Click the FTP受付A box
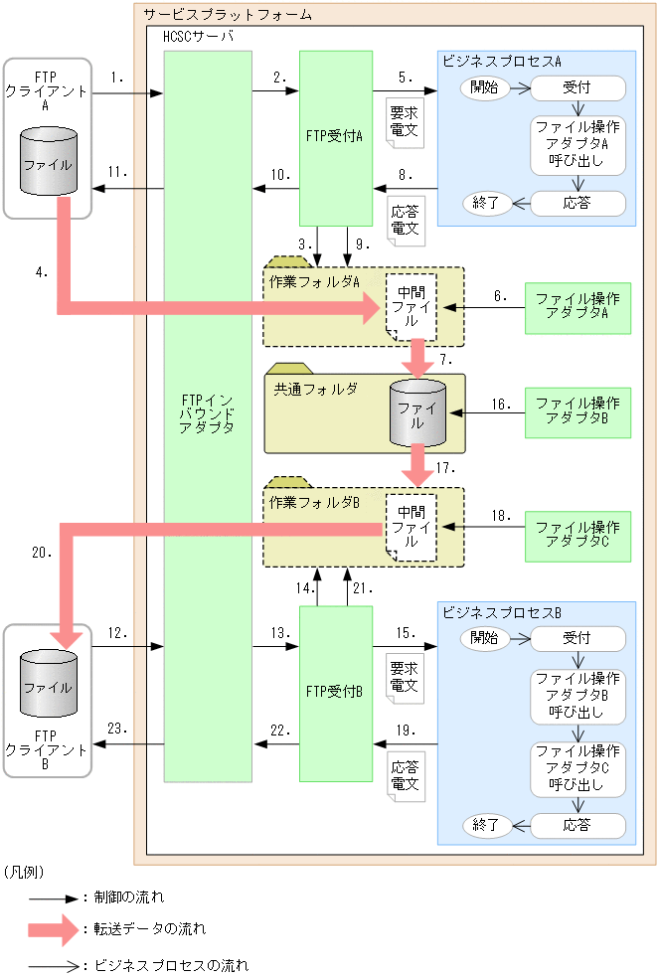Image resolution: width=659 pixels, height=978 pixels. coord(335,138)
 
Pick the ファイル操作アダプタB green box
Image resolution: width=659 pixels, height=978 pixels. coord(577,411)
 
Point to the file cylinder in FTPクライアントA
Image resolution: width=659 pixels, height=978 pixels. coord(47,166)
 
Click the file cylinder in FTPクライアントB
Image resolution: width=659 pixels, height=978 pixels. coord(47,686)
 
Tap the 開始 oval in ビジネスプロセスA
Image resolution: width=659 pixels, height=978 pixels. coord(485,87)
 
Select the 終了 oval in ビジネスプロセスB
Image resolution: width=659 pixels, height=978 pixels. coord(485,824)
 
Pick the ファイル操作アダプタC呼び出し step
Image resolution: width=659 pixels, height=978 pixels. coord(577,767)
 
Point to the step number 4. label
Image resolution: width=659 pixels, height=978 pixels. coord(38,271)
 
